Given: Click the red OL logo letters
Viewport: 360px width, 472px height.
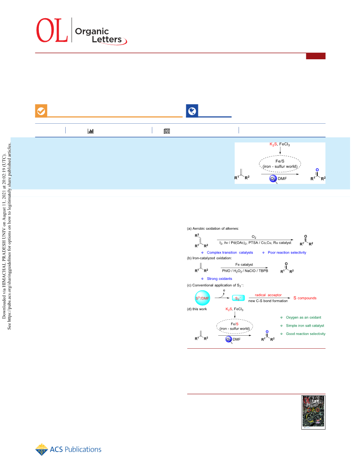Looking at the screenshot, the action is point(52,30).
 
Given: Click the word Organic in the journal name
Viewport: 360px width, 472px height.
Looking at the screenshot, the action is point(92,31).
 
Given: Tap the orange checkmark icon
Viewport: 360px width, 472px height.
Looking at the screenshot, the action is point(41,111).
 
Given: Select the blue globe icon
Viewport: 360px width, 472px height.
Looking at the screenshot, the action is point(192,111).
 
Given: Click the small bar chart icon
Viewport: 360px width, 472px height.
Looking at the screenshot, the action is point(90,131).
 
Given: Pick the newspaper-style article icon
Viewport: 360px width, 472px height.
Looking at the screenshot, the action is point(167,131).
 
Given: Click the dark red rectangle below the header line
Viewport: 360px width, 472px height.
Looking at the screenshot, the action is point(315,56).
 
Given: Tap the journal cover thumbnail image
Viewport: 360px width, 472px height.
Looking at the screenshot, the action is point(313,412).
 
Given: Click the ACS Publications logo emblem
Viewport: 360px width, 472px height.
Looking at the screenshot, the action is point(41,450).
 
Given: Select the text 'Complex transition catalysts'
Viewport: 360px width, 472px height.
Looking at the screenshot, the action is point(230,253).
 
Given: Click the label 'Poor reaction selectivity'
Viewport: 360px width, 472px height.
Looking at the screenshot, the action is point(287,253).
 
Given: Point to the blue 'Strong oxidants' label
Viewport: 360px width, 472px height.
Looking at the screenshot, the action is point(219,279).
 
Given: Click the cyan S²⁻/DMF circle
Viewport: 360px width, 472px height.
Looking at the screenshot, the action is point(202,298).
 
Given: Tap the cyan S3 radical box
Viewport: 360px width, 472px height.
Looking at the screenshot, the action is point(238,299).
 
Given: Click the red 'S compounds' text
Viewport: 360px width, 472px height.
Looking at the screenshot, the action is point(305,298).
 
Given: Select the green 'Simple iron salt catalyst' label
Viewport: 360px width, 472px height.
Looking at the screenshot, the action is point(305,326).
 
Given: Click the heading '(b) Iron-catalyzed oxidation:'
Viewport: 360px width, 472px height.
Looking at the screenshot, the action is point(209,258).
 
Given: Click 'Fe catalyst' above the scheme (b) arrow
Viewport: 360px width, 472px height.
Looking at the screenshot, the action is point(244,265).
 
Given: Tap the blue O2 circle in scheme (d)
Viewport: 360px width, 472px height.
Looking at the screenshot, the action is point(229,339).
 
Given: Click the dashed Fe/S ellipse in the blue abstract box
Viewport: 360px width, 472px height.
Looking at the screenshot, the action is point(280,156).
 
